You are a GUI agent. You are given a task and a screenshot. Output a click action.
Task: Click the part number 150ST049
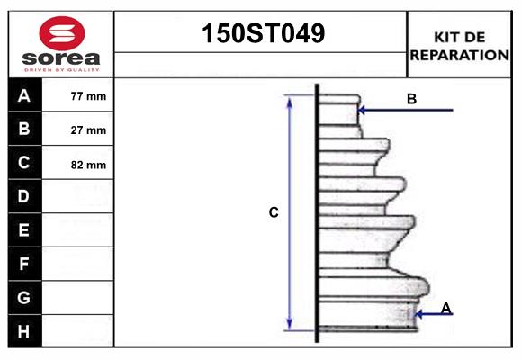click(x=261, y=34)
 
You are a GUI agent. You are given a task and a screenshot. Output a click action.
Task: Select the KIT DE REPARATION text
click(x=459, y=46)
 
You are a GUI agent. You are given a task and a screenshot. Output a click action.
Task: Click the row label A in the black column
click(x=24, y=95)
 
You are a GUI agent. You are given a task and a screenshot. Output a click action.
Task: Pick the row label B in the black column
click(x=24, y=130)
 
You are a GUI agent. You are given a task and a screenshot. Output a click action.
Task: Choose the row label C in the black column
click(x=24, y=164)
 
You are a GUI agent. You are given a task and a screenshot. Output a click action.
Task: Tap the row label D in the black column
click(x=24, y=196)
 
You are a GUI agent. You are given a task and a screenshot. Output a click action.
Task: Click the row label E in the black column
click(x=24, y=230)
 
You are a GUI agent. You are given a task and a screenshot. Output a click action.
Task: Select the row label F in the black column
click(x=24, y=264)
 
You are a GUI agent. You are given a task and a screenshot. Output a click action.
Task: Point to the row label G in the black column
click(x=24, y=297)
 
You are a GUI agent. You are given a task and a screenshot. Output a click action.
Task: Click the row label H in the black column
click(x=24, y=331)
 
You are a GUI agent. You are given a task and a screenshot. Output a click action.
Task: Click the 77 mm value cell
click(x=88, y=96)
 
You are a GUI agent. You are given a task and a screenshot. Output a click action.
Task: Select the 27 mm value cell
click(x=88, y=130)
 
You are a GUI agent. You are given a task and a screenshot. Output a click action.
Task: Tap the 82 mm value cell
click(x=88, y=165)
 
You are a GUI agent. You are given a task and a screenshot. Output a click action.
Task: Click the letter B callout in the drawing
click(x=411, y=99)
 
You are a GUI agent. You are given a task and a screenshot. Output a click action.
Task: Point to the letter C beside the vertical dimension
click(x=274, y=213)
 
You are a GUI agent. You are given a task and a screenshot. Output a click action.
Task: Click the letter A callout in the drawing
click(x=446, y=309)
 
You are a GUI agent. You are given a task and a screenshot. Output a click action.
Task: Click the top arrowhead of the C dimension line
click(x=289, y=101)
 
